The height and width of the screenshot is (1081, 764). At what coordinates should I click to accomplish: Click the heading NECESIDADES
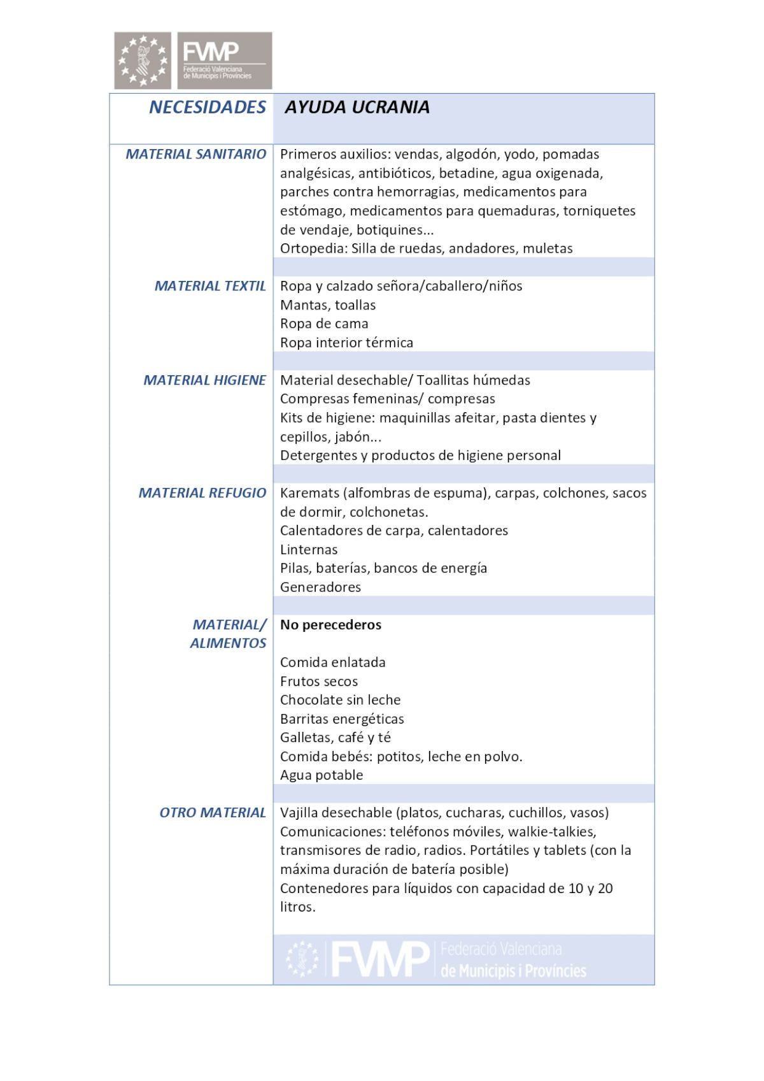coord(207,107)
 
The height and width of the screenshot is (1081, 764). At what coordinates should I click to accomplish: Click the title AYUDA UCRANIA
coord(357,107)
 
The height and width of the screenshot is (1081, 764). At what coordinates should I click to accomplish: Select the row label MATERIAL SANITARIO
coord(195,154)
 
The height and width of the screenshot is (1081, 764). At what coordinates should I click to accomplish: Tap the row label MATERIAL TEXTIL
coord(210,286)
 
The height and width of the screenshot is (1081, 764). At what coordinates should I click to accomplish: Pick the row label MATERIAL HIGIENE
coord(204,380)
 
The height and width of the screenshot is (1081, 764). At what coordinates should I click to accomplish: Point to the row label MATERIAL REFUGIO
coord(202,493)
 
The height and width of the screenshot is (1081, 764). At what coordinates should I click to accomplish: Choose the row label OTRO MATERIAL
coord(212,813)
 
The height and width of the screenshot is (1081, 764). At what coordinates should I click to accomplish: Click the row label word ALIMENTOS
coord(228,643)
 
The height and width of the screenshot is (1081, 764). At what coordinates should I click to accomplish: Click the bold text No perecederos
coord(330,625)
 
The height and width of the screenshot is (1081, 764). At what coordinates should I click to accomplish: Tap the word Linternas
coord(309,550)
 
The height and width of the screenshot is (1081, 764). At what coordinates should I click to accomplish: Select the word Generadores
coord(320,587)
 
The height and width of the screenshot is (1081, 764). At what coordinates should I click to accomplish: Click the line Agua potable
coord(322,775)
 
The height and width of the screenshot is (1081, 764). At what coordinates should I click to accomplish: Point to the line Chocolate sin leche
coord(340,700)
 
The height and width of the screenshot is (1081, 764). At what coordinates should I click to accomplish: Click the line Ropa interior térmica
coord(346,343)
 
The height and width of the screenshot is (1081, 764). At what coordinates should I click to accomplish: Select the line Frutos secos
coord(318,682)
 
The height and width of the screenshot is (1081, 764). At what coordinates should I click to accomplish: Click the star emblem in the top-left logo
coord(143,61)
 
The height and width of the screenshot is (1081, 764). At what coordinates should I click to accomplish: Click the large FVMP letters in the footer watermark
coord(380,959)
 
